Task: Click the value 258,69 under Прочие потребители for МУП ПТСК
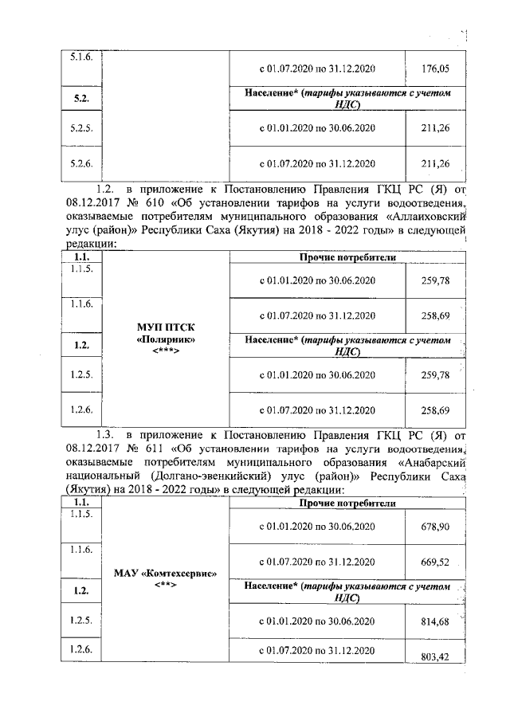coord(434,316)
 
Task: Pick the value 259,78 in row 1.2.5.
coord(434,374)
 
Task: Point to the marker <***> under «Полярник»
coord(167,351)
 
